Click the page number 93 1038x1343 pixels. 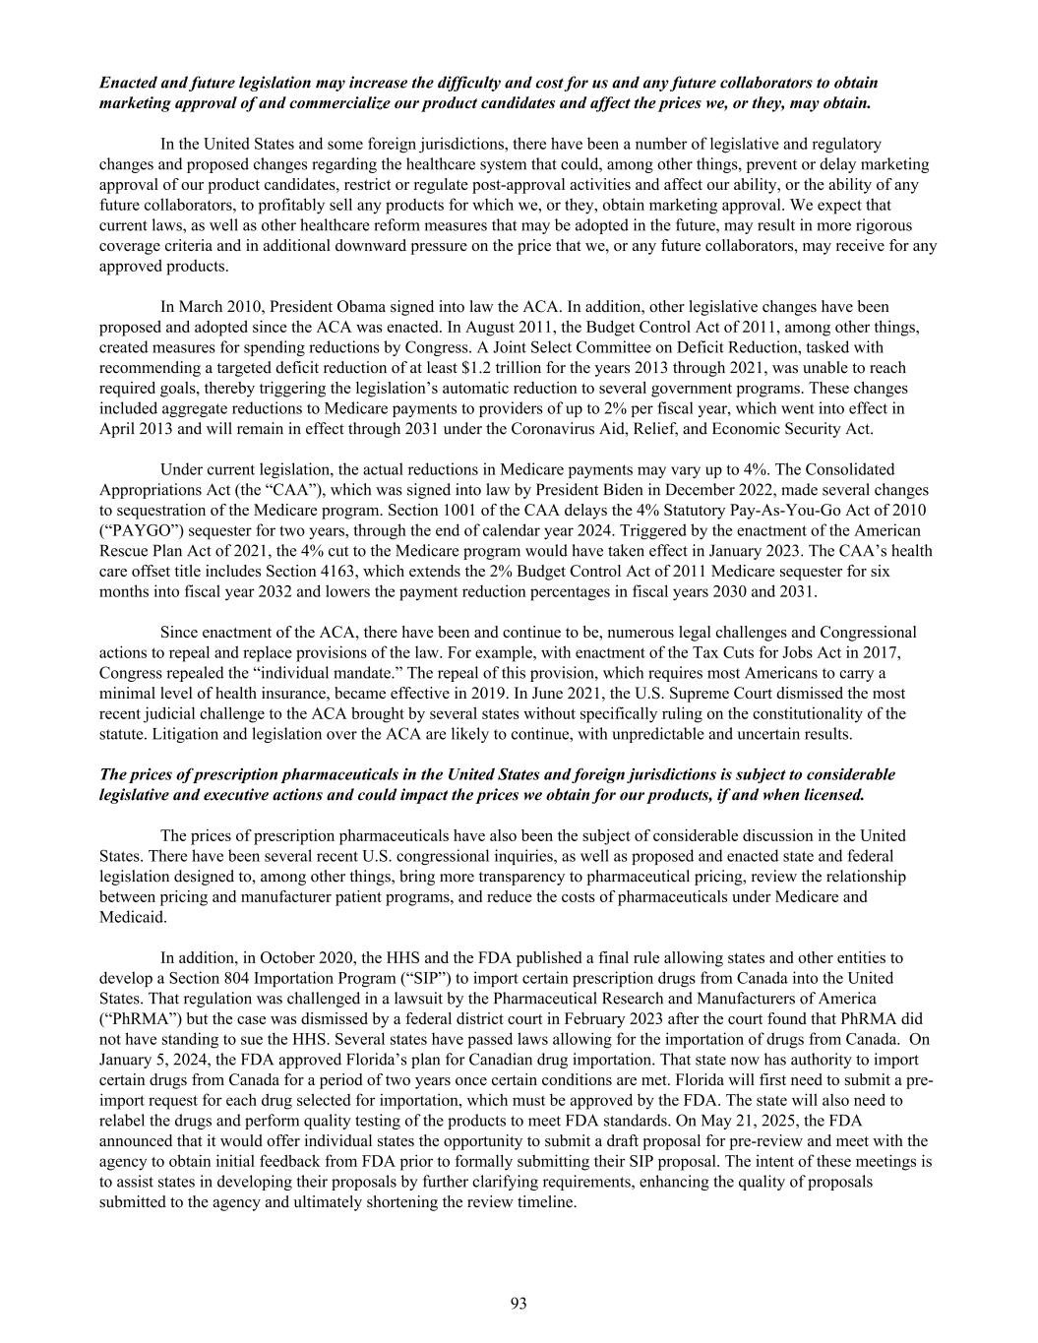click(x=519, y=1304)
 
